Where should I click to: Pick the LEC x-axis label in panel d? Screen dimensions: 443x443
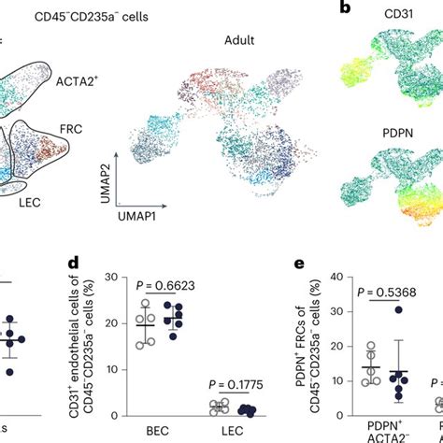(221, 435)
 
